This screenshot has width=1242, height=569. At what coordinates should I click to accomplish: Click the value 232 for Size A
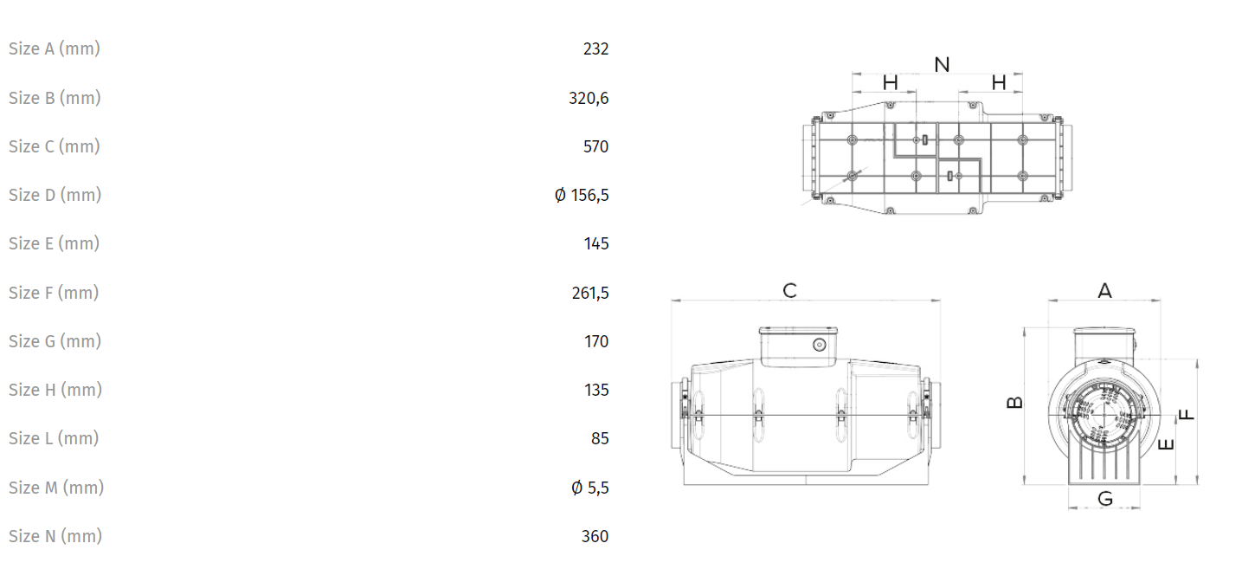coord(595,48)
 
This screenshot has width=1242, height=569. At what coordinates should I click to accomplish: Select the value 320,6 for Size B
coord(589,98)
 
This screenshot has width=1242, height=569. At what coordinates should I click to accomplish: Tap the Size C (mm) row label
coord(55,146)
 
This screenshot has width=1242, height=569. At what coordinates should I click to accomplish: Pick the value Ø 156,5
coord(582,195)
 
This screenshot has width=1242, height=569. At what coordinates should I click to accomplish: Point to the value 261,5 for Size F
coord(590,293)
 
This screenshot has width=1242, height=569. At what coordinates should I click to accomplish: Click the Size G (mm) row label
coord(55,341)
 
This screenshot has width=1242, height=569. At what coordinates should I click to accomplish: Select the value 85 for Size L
coord(600,439)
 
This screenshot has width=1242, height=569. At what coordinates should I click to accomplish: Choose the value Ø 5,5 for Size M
coord(590,488)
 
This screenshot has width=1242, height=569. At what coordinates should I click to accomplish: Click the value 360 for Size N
coord(595,536)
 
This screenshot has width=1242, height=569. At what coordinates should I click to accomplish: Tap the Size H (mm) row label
coord(55,390)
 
